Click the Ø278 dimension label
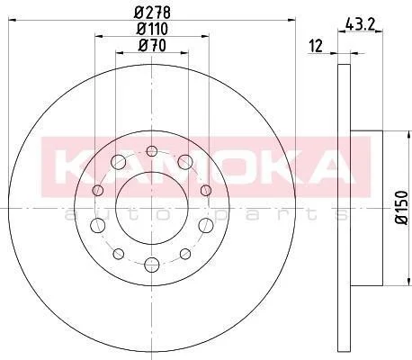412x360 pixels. [x=152, y=13]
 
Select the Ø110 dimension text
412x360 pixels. [x=152, y=29]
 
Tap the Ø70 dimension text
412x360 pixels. [x=152, y=46]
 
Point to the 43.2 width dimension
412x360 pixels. [x=360, y=24]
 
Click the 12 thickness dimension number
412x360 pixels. [x=316, y=46]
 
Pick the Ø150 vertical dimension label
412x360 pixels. [x=401, y=207]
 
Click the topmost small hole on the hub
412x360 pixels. [x=152, y=151]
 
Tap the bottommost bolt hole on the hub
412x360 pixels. [x=152, y=265]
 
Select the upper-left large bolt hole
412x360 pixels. [x=118, y=162]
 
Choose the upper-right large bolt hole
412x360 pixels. [x=185, y=162]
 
